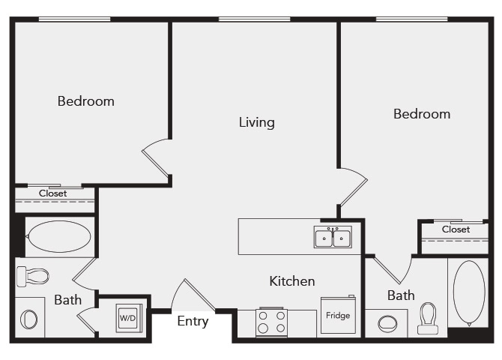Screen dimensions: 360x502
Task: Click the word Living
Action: (256, 121)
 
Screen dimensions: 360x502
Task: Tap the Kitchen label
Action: (292, 281)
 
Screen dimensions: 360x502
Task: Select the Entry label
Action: (193, 321)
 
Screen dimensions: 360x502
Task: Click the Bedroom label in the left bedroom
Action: (86, 100)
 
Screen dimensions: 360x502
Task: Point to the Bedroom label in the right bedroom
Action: (422, 114)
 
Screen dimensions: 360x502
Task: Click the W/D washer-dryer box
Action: (127, 318)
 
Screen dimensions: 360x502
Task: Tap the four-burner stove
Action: (271, 322)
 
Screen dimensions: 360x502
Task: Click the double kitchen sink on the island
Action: (333, 238)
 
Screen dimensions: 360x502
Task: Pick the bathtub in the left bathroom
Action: (58, 237)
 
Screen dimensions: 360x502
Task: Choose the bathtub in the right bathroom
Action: (469, 292)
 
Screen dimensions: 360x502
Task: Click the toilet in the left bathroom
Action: (32, 276)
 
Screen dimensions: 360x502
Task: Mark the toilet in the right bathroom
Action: (429, 317)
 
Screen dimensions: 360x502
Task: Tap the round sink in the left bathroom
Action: (28, 319)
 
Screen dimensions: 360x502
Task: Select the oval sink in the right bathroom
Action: (387, 324)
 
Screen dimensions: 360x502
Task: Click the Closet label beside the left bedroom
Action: (53, 193)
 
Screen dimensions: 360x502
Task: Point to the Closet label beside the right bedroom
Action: (456, 229)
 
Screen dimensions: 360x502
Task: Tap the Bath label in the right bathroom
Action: (401, 295)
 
